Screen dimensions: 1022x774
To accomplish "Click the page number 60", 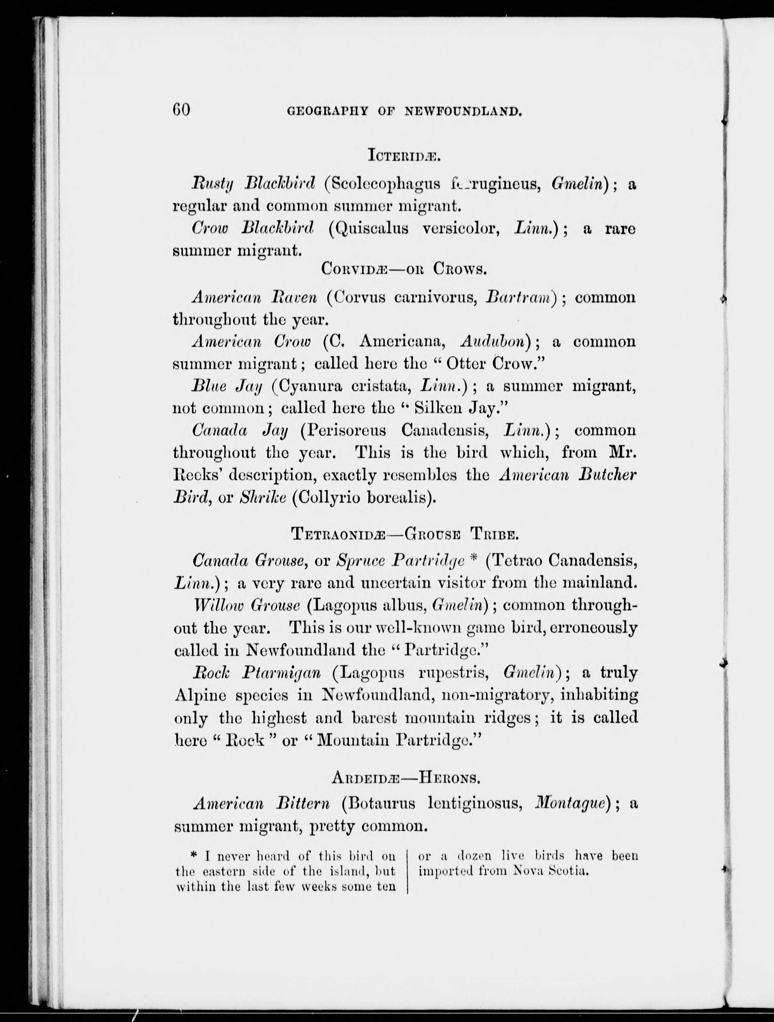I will [x=181, y=110].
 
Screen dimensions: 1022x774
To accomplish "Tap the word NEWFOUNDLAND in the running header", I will [x=463, y=111].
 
